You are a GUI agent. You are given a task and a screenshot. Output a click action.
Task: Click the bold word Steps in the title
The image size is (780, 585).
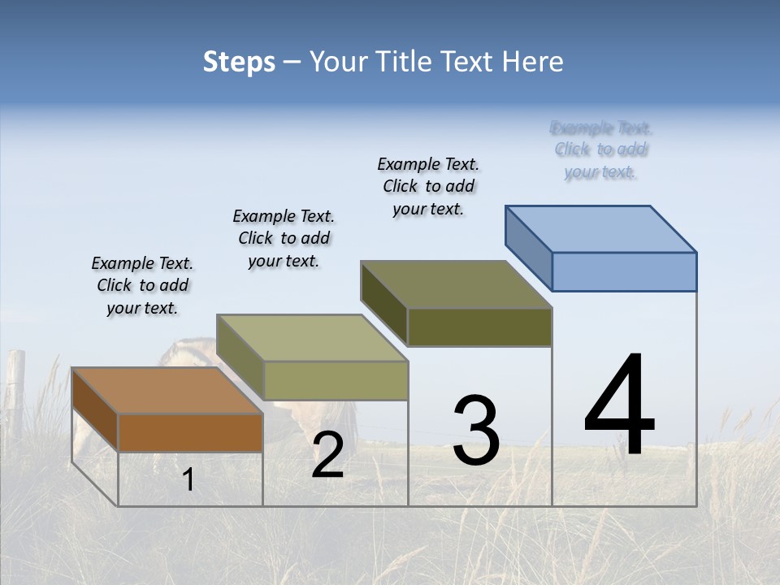[x=239, y=62]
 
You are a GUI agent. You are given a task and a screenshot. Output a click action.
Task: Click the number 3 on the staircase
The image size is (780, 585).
[x=476, y=431]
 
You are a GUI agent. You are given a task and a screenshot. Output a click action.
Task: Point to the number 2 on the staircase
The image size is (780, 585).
[x=327, y=456]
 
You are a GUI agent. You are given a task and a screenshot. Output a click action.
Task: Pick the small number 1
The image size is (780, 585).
[x=188, y=480]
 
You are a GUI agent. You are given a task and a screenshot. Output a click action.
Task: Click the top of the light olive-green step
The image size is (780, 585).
[x=312, y=338]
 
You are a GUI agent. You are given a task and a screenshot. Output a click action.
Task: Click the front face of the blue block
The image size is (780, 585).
[x=624, y=271]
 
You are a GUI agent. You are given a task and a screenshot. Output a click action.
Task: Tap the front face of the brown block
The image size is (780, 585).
[x=190, y=432]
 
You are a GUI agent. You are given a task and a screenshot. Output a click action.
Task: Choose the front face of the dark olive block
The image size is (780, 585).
[x=479, y=327]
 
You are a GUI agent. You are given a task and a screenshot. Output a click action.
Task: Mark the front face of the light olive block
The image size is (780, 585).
[x=335, y=380]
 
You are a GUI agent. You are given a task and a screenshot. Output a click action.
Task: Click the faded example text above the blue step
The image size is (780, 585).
[x=600, y=150]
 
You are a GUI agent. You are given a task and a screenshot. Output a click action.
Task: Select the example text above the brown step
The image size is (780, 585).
[x=142, y=285]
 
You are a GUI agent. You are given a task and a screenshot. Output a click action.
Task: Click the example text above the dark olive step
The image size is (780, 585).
[x=428, y=186]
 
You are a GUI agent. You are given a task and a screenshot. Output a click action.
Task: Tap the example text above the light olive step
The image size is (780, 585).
[x=284, y=238]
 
